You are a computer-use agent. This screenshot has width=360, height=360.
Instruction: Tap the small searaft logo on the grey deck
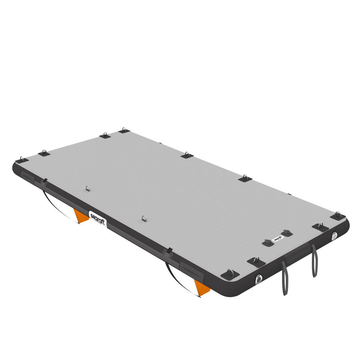pos(277,238)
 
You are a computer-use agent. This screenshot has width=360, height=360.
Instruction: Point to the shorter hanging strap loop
pos(315,261)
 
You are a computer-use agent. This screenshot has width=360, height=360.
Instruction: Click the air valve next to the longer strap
pos(259,279)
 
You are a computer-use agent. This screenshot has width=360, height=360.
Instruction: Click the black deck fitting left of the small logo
pos(267,243)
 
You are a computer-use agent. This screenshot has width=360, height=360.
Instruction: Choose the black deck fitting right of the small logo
pos(287,233)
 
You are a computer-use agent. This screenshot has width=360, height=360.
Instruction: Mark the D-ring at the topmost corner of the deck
pos(124,130)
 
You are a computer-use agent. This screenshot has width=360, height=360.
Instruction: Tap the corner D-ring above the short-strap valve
pos(338,216)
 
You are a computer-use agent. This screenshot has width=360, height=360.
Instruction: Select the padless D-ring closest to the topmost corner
pos(87,188)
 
